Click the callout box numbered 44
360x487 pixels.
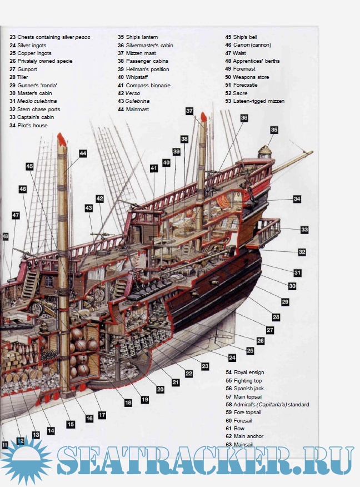(x=83, y=153)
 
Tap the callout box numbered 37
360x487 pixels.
(x=189, y=111)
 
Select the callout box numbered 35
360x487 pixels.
(x=274, y=130)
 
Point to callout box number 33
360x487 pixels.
(x=304, y=229)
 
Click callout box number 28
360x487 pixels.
(x=276, y=317)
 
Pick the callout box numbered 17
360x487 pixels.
(x=102, y=415)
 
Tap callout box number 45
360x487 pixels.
(x=29, y=166)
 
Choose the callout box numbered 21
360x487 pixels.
(x=176, y=382)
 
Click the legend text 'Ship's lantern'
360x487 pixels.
(x=142, y=37)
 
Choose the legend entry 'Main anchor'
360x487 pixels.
(x=248, y=436)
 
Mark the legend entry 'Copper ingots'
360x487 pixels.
(x=34, y=53)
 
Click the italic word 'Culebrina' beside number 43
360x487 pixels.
(x=138, y=101)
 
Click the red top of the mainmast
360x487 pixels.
(x=62, y=139)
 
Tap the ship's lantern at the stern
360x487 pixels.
(x=264, y=151)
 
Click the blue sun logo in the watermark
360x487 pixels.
(x=25, y=460)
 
